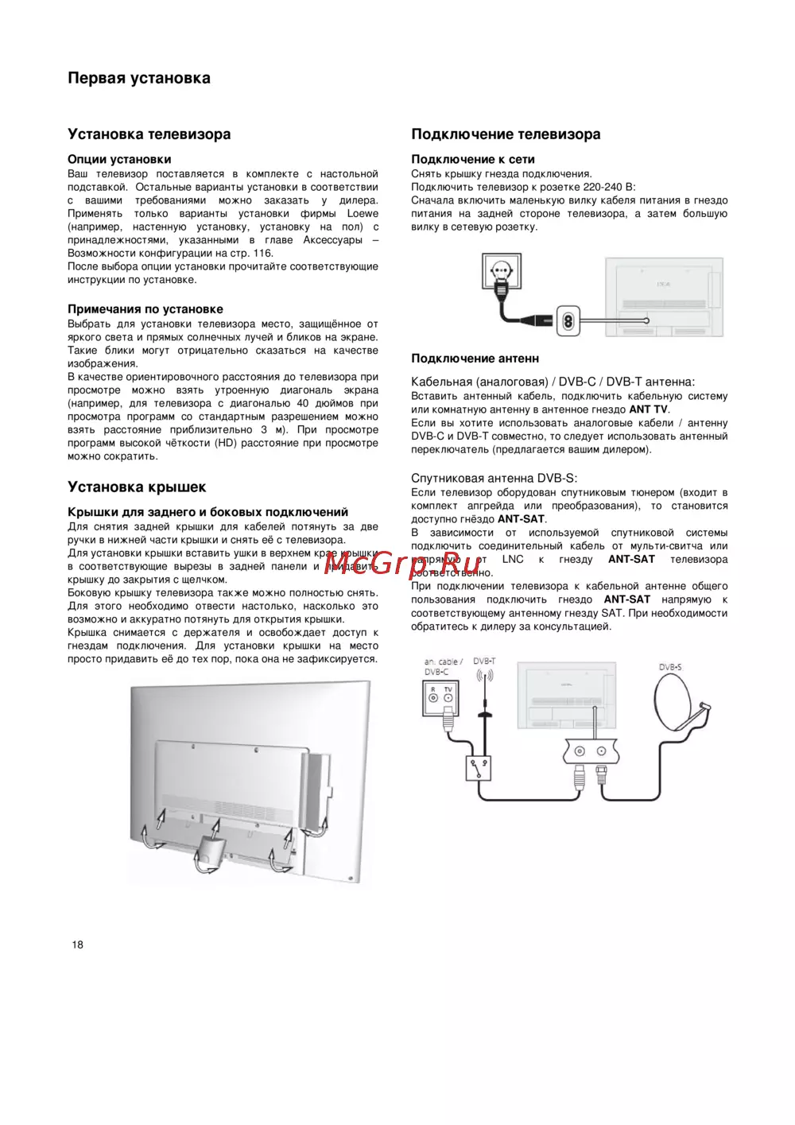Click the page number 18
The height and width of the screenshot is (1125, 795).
77,945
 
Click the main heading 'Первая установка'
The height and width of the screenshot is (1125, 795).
139,78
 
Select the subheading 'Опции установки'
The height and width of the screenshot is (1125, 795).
119,159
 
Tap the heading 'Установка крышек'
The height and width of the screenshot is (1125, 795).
137,487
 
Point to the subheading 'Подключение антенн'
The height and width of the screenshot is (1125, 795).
475,359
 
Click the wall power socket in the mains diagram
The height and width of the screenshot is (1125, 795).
502,272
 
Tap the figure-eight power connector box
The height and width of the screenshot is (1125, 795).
568,320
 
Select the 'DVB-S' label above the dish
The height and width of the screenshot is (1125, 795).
670,667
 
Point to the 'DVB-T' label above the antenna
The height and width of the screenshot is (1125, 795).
484,661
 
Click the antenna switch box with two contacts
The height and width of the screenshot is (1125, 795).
479,769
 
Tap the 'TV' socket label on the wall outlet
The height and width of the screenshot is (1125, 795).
448,689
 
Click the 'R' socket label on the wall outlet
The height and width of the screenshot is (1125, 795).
433,689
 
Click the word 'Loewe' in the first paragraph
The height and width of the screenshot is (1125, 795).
363,213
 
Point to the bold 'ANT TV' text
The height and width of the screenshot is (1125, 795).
648,409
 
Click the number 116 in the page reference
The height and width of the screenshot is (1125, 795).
262,253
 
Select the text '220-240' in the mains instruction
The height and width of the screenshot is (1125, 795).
603,187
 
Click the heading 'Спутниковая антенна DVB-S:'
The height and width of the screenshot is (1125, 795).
494,478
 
